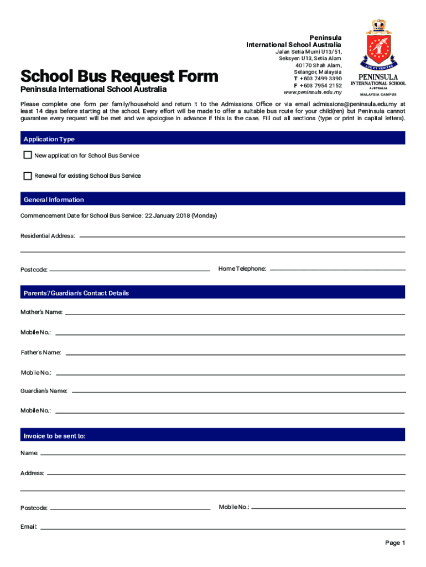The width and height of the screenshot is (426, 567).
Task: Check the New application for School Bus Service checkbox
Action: (28, 156)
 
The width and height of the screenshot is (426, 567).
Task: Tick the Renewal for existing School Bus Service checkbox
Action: (28, 176)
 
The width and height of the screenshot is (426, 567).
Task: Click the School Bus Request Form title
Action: (119, 76)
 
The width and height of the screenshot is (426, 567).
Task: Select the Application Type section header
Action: (49, 139)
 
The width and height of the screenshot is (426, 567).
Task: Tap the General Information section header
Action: (54, 199)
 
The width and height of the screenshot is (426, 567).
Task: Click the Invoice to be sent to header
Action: (54, 436)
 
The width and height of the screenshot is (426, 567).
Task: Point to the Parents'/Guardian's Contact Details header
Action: (76, 293)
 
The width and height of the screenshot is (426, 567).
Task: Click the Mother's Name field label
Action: (41, 312)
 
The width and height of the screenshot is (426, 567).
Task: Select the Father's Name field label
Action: (41, 353)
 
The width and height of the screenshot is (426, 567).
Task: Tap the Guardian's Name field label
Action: (44, 391)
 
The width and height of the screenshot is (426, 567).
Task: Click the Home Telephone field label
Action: (242, 269)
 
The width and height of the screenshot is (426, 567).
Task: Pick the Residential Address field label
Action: (48, 236)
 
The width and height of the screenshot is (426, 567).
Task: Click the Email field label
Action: (29, 527)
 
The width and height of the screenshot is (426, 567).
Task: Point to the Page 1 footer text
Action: (395, 543)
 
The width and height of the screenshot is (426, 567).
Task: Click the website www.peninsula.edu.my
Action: (312, 92)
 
